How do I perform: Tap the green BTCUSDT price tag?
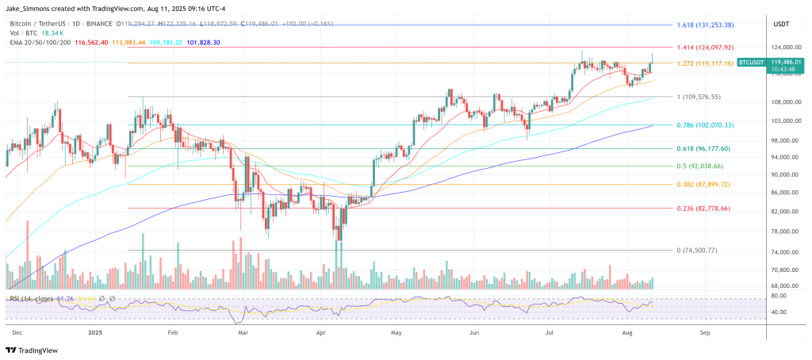pos(752,61)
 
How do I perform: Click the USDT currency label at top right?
pos(781,25)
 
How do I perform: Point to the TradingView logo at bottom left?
pos(32,350)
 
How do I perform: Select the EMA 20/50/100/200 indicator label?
pos(43,42)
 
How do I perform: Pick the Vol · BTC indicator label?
pos(25,33)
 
